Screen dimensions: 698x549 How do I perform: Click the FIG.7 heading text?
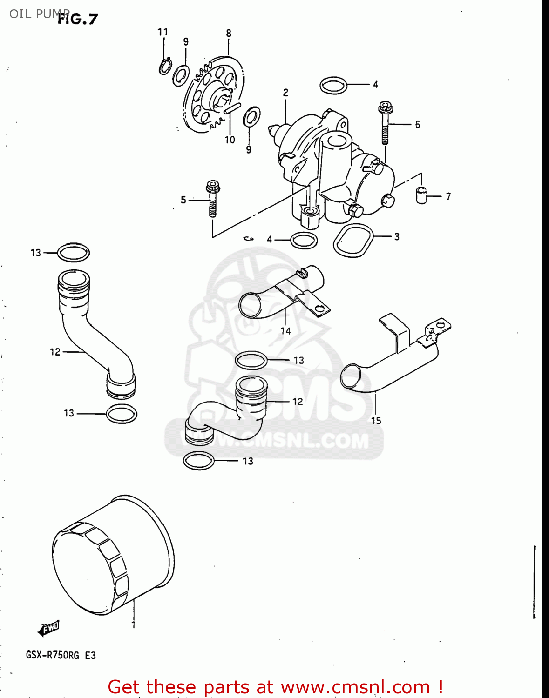pos(78,19)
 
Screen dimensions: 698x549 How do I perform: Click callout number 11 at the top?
pos(163,32)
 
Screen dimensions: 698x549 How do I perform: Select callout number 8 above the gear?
pos(229,33)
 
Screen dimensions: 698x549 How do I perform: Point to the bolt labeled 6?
pos(385,122)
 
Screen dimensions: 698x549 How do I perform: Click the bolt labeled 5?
pos(212,199)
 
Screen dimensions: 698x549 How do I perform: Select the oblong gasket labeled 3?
pos(353,240)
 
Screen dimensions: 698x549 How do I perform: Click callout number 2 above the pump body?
pos(285,93)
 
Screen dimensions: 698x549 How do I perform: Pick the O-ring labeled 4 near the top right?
pos(334,85)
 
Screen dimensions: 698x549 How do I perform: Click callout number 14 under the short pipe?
pos(285,331)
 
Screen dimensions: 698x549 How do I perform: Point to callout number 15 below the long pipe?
pos(376,421)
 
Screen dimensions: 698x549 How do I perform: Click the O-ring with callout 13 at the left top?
pos(74,253)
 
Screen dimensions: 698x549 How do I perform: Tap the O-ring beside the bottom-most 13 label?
pos(199,461)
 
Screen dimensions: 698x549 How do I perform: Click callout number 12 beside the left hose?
pos(55,352)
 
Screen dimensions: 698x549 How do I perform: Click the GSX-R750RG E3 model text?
pos(61,655)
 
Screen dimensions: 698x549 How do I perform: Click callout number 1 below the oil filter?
pos(133,624)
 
